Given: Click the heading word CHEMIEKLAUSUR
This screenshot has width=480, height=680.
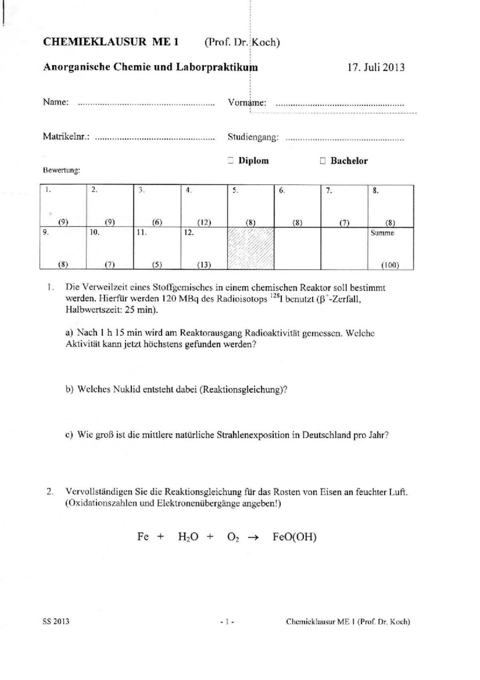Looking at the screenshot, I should pos(94,42).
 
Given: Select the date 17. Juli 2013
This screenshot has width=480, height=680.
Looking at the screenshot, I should pos(376,67).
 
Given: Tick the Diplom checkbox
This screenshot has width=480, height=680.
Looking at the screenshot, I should pos(230,161).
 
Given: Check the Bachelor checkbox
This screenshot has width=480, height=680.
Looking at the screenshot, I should pos(323,161).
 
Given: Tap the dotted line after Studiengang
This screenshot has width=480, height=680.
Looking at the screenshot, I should pos(345,139).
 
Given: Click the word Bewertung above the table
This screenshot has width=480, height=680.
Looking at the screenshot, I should pos(61,170).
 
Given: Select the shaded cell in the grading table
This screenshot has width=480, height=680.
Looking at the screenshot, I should pos(250,248).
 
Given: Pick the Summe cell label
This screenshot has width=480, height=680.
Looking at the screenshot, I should pos(382,233).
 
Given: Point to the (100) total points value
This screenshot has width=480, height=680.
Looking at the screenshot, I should pos(390,265).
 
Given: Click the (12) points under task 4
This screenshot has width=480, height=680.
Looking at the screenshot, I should pos(204,223).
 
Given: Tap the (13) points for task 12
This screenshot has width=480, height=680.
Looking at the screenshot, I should pos(204,265).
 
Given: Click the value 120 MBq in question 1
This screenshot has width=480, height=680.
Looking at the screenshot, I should pos(178,299).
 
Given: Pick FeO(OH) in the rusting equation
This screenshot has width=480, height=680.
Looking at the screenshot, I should pos(294,537).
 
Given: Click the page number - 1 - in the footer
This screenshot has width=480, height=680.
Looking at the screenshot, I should pos(227,622).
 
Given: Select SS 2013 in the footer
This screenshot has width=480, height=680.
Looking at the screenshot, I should pos(56,622).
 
